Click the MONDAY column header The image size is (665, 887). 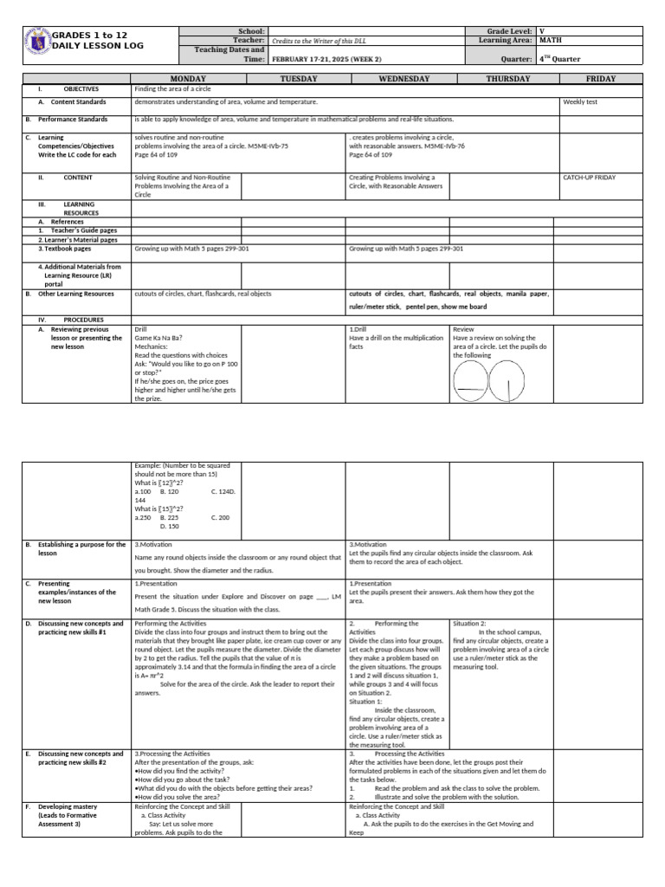click(x=186, y=79)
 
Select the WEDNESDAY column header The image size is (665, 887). click(x=397, y=79)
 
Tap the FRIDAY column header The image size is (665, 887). click(x=601, y=79)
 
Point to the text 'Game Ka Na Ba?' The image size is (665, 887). click(x=158, y=338)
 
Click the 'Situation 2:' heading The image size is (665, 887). click(x=471, y=623)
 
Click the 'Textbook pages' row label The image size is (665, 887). click(x=70, y=249)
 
